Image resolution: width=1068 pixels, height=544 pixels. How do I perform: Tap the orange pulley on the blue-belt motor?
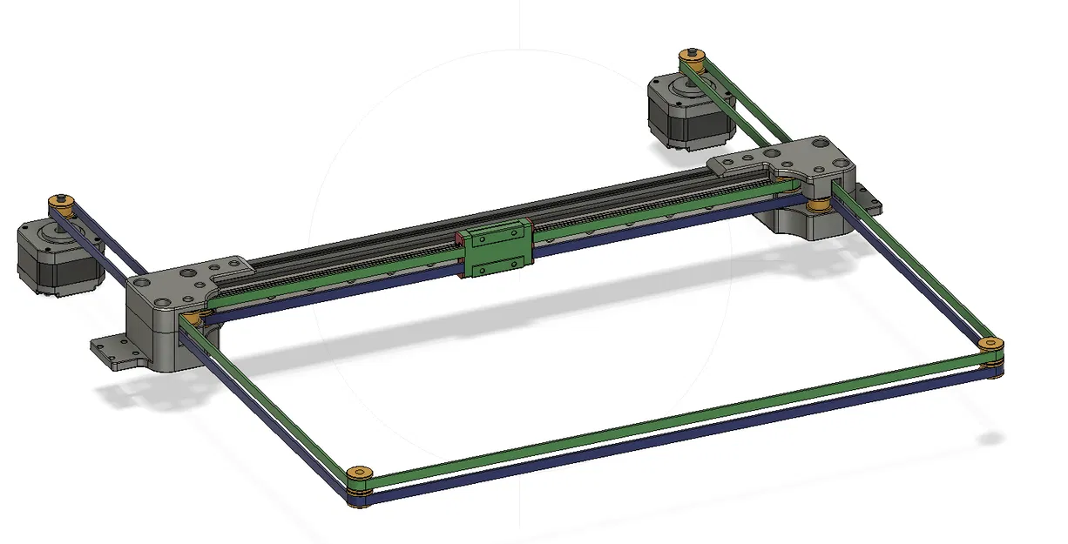coord(61,202)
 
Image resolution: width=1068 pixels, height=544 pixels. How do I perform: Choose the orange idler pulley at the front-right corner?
coord(990,346)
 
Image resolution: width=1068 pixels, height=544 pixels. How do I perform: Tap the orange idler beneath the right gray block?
coord(818,205)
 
